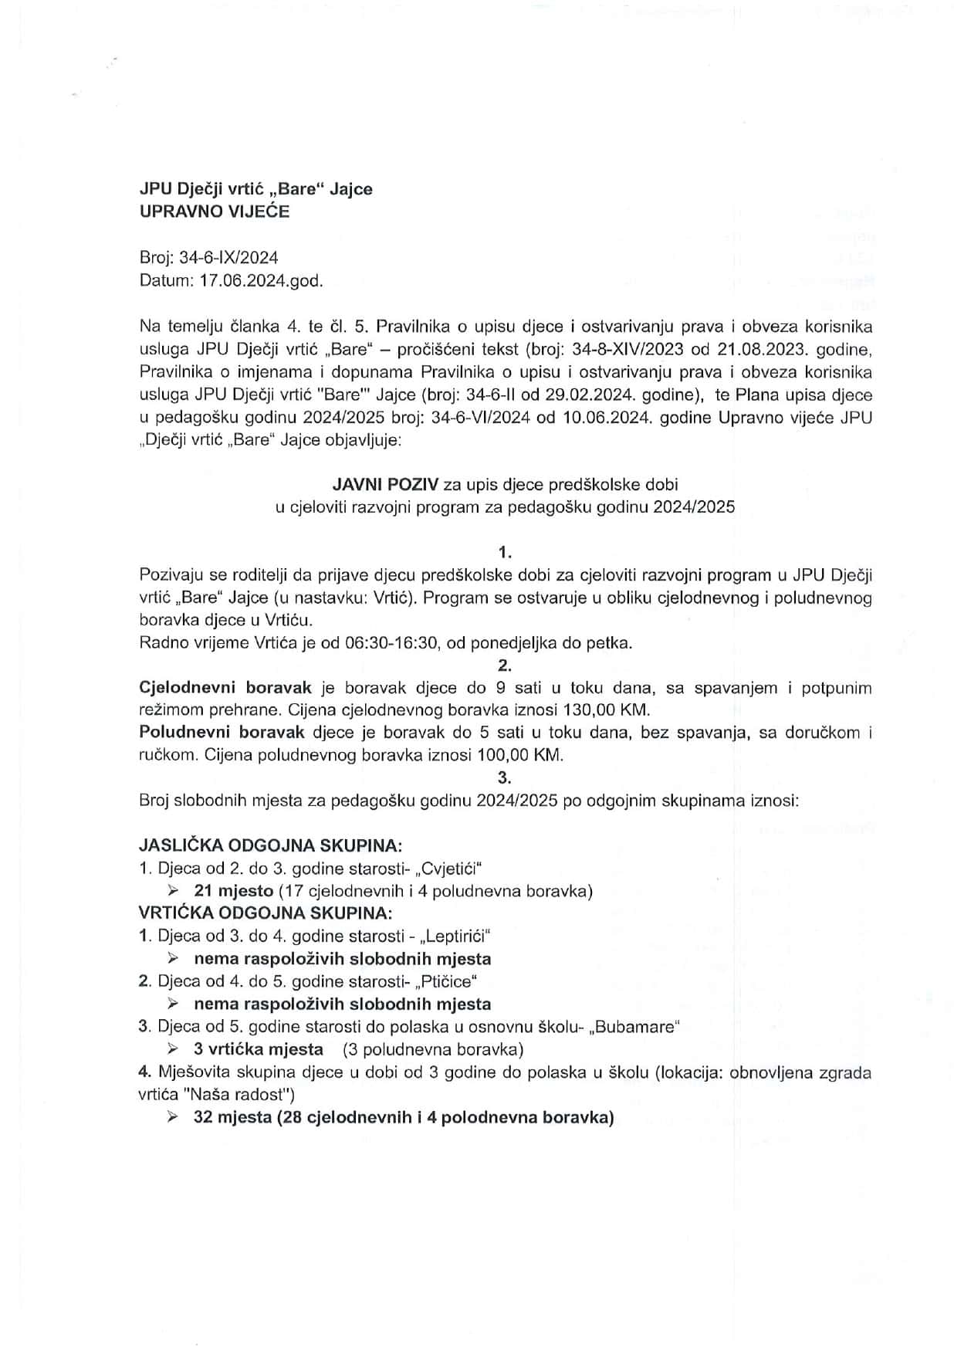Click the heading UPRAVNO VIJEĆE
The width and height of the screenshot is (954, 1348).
point(214,212)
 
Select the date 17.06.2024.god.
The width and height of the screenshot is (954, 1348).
point(261,281)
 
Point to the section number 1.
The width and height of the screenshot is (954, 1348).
point(506,552)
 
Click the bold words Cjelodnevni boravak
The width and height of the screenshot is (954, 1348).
point(225,688)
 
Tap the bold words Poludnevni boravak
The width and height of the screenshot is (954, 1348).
point(222,733)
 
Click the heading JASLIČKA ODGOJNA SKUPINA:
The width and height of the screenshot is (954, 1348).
point(270,845)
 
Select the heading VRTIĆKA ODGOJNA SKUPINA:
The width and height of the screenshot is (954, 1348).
point(266,913)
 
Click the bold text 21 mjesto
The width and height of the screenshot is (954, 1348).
point(234,891)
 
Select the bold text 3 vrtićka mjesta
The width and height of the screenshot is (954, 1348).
point(259,1049)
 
